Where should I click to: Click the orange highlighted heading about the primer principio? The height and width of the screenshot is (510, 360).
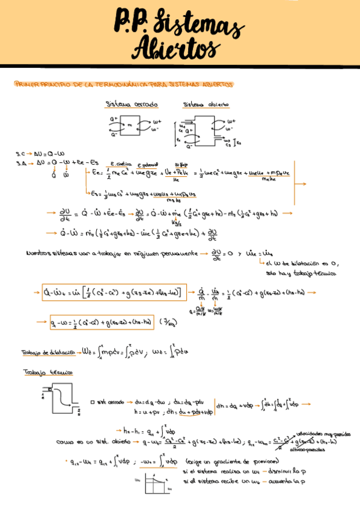click(123, 85)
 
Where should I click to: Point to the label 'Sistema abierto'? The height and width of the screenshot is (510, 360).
click(206, 104)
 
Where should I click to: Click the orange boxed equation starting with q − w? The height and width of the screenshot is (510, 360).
click(102, 321)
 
